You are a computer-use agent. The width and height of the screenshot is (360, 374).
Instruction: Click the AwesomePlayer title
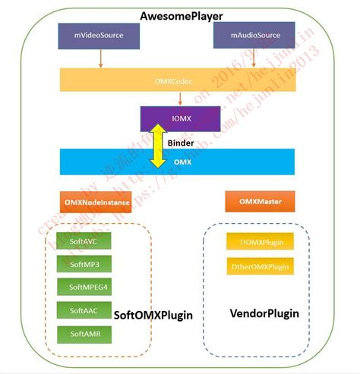(181, 16)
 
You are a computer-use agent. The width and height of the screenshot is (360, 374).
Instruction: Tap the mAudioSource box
(255, 35)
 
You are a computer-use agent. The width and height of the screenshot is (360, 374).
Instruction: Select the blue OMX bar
(177, 162)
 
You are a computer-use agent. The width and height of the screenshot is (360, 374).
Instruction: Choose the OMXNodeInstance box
(96, 202)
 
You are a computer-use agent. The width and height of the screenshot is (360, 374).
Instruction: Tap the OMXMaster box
(259, 202)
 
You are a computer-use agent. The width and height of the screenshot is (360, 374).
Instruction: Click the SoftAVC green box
(84, 241)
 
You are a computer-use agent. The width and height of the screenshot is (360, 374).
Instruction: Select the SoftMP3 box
(84, 264)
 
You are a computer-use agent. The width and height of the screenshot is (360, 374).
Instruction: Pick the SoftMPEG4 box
(84, 287)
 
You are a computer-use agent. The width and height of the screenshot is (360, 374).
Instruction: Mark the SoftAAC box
(84, 310)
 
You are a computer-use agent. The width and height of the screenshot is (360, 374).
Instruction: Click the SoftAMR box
(84, 334)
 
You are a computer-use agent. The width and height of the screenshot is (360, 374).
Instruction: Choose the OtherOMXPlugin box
(259, 266)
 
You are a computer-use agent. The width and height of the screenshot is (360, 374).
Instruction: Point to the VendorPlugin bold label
(264, 313)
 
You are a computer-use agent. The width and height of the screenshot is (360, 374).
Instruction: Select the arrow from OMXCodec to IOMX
(179, 99)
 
